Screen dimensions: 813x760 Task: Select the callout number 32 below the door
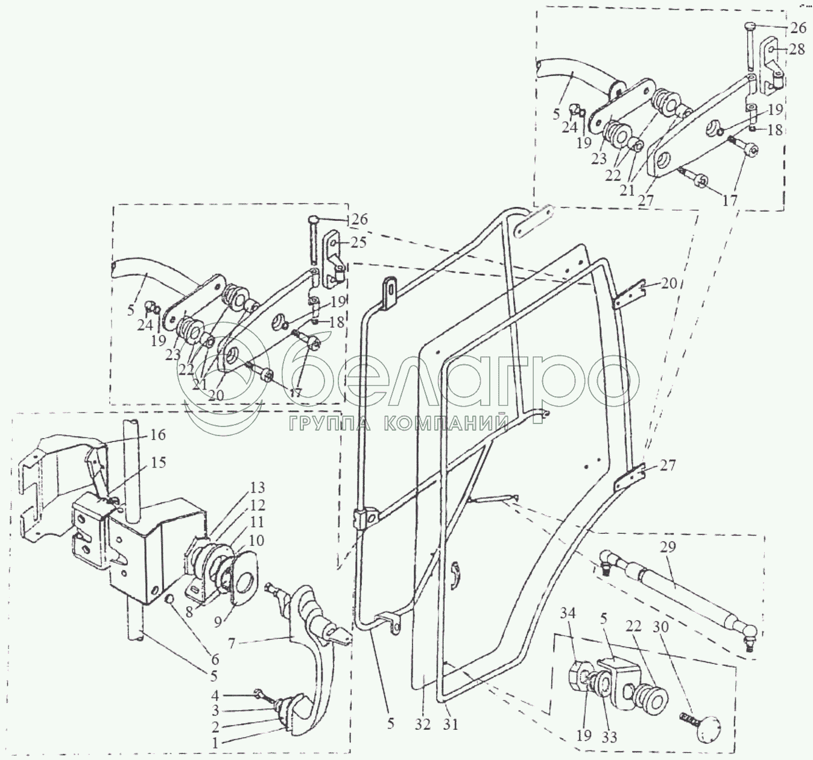[423, 724]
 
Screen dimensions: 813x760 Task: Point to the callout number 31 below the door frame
[449, 724]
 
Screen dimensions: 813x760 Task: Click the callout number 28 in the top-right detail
[797, 49]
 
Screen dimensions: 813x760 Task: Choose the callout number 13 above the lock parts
[258, 487]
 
